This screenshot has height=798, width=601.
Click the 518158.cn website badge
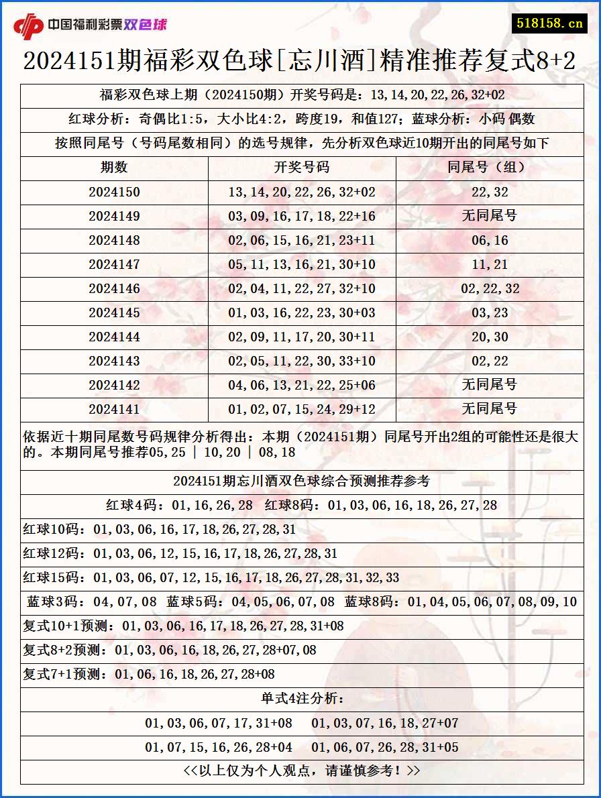549,23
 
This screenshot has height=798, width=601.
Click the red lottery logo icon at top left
28,25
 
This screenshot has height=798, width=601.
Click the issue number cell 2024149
114,217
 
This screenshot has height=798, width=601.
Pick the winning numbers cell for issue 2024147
302,265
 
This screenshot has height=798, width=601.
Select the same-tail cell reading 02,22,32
490,289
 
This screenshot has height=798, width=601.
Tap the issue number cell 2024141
114,410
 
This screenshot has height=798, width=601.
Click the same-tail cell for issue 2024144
490,337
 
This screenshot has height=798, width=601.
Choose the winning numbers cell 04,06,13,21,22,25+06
302,386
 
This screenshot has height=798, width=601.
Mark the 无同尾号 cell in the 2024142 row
490,386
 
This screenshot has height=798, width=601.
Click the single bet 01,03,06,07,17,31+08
219,724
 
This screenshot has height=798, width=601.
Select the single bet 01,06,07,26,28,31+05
385,748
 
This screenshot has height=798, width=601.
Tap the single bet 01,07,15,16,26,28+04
219,748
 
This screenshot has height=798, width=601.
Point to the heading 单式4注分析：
302,699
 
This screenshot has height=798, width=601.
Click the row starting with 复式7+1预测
149,675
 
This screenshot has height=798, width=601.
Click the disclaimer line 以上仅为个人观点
302,771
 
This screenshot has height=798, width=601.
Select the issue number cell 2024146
114,289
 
